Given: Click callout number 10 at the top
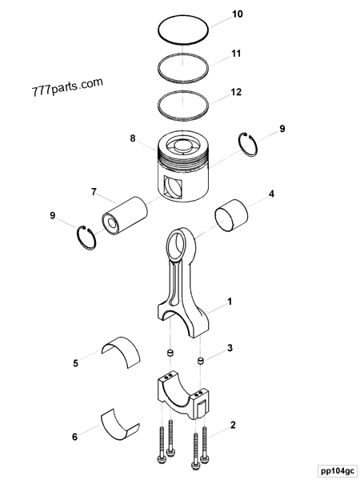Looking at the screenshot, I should point(237,14).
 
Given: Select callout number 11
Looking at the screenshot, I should point(236,54).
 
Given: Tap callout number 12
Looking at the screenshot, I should point(236,92).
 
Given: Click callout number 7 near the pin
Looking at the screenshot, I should point(94,192).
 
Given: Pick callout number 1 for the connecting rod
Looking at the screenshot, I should point(230,302).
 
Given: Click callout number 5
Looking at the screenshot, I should point(75,363).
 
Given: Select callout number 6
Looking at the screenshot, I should point(74,437).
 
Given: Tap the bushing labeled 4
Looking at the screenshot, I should point(233,218).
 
